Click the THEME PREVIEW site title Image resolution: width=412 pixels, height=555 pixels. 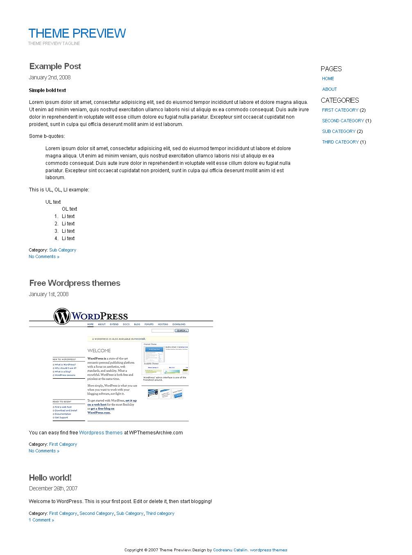[x=77, y=34]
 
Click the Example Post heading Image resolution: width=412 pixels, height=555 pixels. [x=55, y=66]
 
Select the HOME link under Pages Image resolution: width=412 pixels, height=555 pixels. [x=328, y=79]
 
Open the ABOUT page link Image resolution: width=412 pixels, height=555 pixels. [x=329, y=89]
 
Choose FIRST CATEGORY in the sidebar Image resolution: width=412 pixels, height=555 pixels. [x=340, y=110]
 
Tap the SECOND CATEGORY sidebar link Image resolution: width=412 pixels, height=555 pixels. [x=343, y=121]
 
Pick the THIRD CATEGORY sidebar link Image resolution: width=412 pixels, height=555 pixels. [x=340, y=142]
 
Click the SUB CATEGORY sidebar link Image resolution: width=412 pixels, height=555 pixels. [x=338, y=131]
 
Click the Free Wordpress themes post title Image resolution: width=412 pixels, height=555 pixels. [x=74, y=283]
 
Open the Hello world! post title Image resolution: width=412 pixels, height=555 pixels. [x=50, y=478]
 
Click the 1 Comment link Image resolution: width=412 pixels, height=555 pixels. [x=41, y=520]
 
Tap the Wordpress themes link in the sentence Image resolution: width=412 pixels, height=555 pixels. [x=101, y=433]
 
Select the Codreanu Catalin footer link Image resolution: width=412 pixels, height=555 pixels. [x=230, y=550]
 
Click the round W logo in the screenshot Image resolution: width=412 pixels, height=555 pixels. [x=62, y=317]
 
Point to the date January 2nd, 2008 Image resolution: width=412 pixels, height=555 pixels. [x=50, y=77]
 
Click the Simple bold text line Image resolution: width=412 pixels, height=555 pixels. [x=47, y=90]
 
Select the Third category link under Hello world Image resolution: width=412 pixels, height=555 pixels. [x=160, y=514]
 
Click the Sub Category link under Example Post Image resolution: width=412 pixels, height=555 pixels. [x=63, y=250]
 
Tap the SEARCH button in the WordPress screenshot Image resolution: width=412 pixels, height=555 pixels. [x=181, y=330]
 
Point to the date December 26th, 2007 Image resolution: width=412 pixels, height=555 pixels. [x=53, y=488]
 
